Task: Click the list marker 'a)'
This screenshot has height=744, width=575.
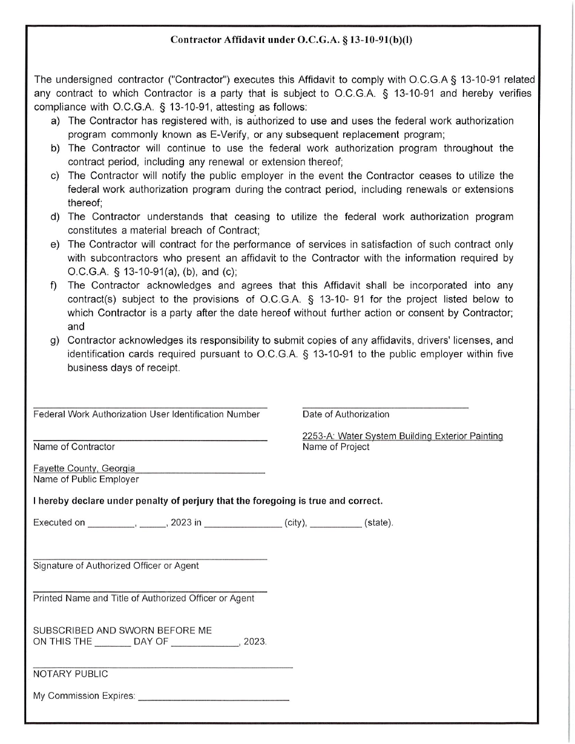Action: pos(55,121)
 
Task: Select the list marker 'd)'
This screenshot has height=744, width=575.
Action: pos(55,217)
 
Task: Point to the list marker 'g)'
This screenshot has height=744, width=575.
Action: pos(55,340)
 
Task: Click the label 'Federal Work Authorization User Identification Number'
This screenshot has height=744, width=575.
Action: pos(146,414)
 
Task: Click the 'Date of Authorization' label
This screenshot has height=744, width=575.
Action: pos(346,414)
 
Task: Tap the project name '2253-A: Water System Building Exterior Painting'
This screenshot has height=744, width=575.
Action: pos(402,436)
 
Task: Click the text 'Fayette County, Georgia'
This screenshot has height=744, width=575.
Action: pos(84,469)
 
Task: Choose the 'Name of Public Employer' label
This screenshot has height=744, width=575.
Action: pos(86,479)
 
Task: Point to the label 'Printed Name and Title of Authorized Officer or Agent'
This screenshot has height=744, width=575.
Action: pos(143,598)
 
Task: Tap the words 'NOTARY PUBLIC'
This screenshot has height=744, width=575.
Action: pos(71,673)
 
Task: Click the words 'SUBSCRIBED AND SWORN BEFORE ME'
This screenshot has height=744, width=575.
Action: pos(122,630)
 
